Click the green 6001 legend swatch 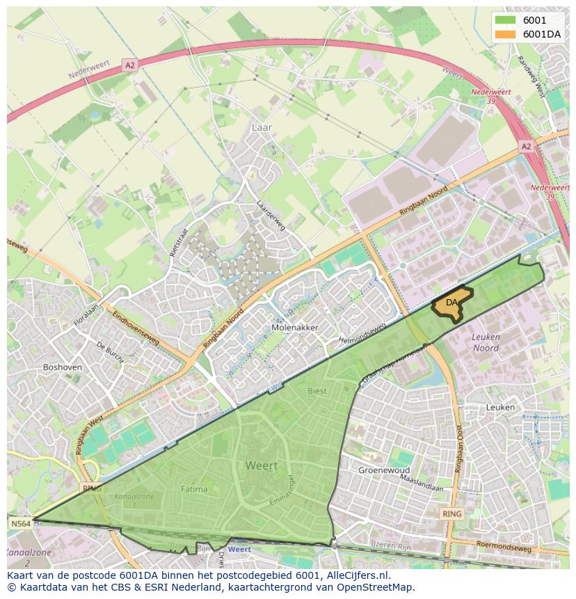click(506, 21)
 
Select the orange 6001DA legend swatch click(506, 34)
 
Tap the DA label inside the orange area click(452, 303)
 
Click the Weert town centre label click(261, 465)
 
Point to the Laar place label click(262, 127)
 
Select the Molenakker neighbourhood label click(295, 327)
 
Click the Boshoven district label click(63, 367)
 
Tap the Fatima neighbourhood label click(194, 489)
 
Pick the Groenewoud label click(383, 470)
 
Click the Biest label click(317, 391)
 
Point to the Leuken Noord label click(486, 342)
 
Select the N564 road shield click(20, 523)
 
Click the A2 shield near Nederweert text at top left click(129, 65)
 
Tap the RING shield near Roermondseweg click(451, 514)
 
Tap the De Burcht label click(110, 352)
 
